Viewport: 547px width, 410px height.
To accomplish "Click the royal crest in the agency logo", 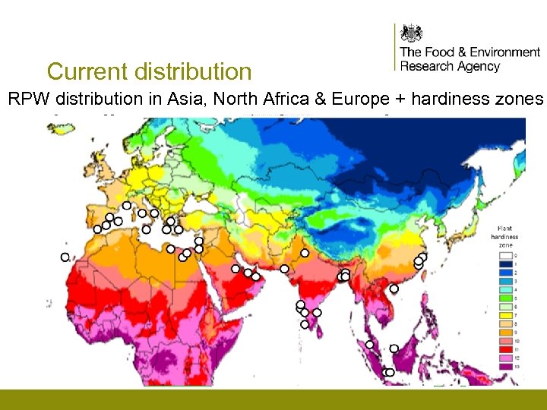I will (x=411, y=33).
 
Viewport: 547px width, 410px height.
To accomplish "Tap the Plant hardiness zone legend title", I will (x=504, y=236).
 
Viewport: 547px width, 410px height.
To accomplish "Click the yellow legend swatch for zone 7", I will (x=504, y=315).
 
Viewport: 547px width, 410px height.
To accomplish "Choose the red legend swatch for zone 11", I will (x=504, y=349).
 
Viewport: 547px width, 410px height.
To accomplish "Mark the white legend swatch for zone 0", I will (x=504, y=256).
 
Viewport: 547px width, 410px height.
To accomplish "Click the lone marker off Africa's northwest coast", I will (x=65, y=257).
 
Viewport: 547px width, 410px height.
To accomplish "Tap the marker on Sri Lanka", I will (x=305, y=324).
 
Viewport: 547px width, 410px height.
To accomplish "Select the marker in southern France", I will (x=126, y=205).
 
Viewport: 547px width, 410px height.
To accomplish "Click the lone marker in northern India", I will (x=305, y=253).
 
